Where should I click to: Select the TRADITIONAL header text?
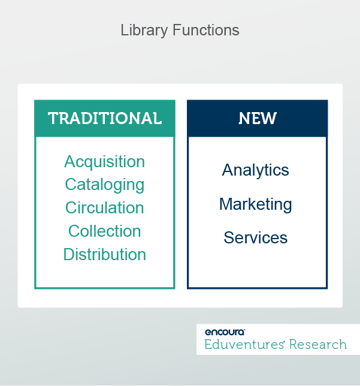[105, 118]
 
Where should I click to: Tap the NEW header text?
[258, 118]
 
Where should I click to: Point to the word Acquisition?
[104, 162]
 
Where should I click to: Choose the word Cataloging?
[105, 185]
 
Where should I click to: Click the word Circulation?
[105, 208]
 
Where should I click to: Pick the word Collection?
[105, 231]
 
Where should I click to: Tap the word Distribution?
[105, 254]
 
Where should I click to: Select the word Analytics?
[256, 170]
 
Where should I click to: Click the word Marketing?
[256, 204]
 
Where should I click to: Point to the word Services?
[256, 237]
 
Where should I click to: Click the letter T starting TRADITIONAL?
[52, 118]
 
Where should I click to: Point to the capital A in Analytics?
[228, 170]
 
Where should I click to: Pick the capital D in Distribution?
[68, 254]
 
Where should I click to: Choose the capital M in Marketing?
[226, 204]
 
